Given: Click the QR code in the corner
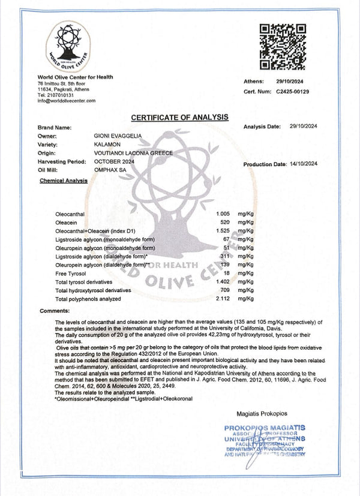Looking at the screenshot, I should pyautogui.click(x=282, y=47).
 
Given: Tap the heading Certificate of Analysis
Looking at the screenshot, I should pyautogui.click(x=179, y=116).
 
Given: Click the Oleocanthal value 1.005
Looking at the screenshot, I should pyautogui.click(x=223, y=214).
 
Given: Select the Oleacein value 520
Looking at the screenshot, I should pyautogui.click(x=226, y=222).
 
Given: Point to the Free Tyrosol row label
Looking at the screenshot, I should pyautogui.click(x=70, y=273).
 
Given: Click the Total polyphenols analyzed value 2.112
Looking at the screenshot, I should pyautogui.click(x=223, y=298).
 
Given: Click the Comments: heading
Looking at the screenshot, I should pyautogui.click(x=55, y=311).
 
